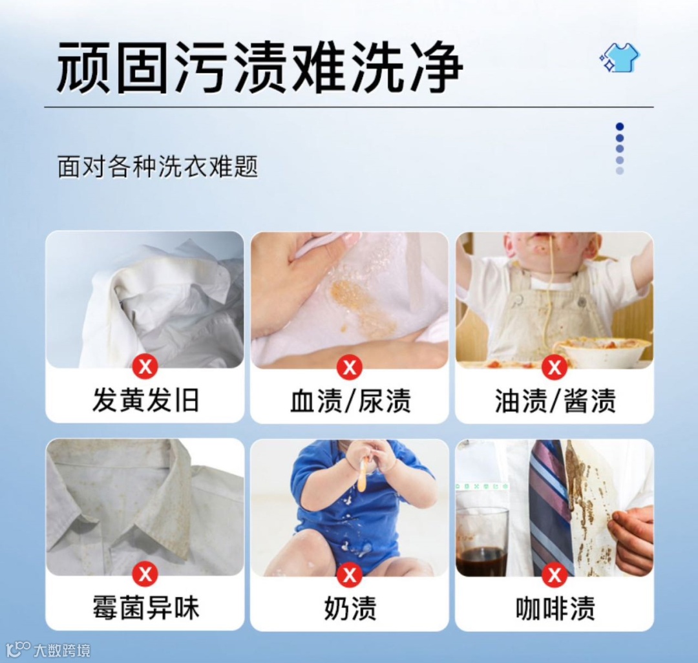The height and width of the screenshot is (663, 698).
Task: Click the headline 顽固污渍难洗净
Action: pyautogui.click(x=260, y=68)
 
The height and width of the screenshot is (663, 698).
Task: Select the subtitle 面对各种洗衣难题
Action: pyautogui.click(x=158, y=167)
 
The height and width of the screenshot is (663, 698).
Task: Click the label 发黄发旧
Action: pyautogui.click(x=145, y=399)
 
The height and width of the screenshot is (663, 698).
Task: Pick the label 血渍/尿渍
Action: pyautogui.click(x=350, y=399)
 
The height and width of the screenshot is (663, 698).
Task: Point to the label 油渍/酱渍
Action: pyautogui.click(x=555, y=399)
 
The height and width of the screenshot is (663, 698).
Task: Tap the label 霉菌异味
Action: pyautogui.click(x=145, y=607)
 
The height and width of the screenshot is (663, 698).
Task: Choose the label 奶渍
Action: pyautogui.click(x=350, y=607)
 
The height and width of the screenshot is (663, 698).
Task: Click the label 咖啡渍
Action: pyautogui.click(x=555, y=607)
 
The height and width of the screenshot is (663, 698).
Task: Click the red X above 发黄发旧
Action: pyautogui.click(x=145, y=367)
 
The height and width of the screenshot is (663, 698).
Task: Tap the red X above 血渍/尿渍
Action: pyautogui.click(x=350, y=367)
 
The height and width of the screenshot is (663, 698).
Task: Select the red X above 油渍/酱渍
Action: pyautogui.click(x=555, y=367)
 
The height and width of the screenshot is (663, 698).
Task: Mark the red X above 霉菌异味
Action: pyautogui.click(x=145, y=574)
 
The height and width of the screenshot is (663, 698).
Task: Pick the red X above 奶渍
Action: pyautogui.click(x=350, y=574)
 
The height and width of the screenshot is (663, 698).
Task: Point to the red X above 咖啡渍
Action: pyautogui.click(x=555, y=574)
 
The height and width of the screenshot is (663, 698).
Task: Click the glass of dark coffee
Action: pyautogui.click(x=483, y=542)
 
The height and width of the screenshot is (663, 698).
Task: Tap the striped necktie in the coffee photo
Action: pyautogui.click(x=551, y=507)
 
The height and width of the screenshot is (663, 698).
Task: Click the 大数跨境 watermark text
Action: pyautogui.click(x=62, y=651)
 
